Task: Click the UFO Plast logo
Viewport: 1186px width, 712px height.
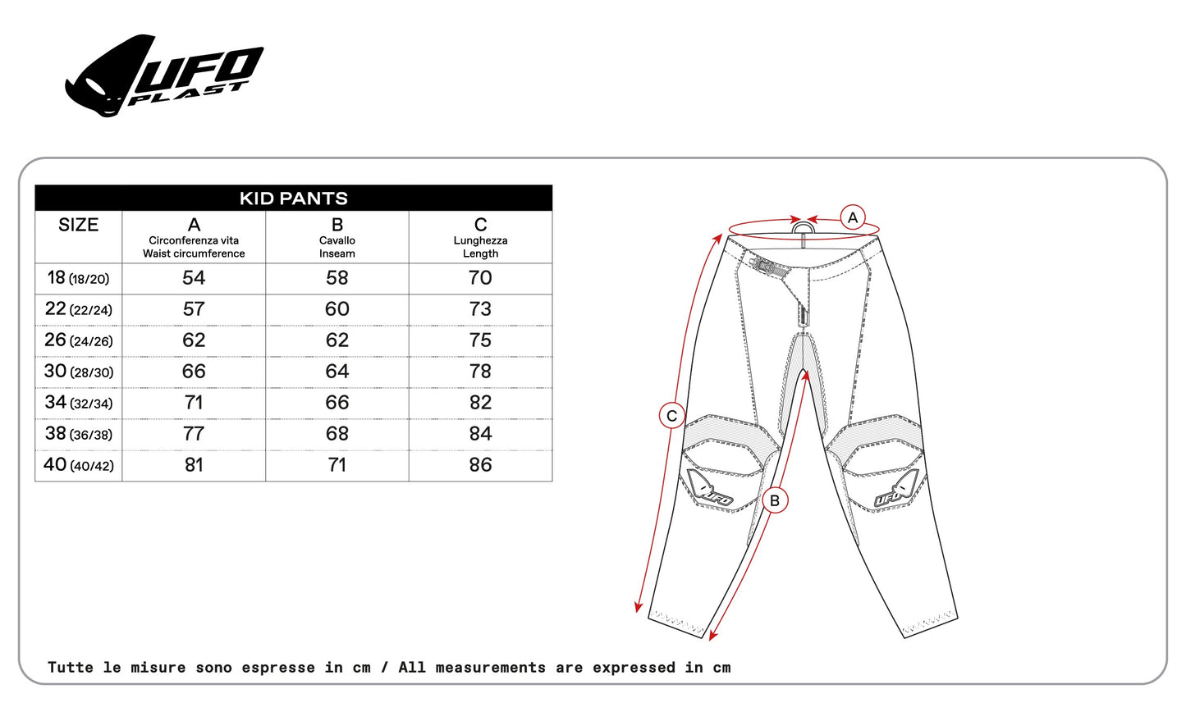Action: [164, 75]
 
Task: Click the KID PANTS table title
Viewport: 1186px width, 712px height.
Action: [293, 198]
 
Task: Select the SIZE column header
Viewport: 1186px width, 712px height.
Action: [78, 226]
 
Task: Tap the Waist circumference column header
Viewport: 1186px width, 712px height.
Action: [194, 238]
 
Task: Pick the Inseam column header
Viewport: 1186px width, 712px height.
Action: [337, 238]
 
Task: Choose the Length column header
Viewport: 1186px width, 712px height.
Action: [480, 238]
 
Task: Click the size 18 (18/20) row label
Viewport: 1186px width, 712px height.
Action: [78, 278]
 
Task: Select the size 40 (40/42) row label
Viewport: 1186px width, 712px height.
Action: [78, 465]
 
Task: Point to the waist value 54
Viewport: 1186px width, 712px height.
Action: [194, 278]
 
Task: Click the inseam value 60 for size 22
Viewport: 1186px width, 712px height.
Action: [337, 309]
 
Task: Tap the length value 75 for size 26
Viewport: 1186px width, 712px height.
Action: [480, 340]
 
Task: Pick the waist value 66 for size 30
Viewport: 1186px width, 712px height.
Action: [194, 372]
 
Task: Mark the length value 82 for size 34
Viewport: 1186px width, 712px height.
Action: [480, 403]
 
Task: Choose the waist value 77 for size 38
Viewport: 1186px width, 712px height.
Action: [194, 434]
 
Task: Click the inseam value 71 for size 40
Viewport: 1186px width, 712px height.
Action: [337, 465]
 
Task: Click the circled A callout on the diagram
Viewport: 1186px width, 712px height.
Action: [853, 217]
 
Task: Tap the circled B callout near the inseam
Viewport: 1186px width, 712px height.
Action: [775, 500]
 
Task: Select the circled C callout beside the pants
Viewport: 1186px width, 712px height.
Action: [672, 416]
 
